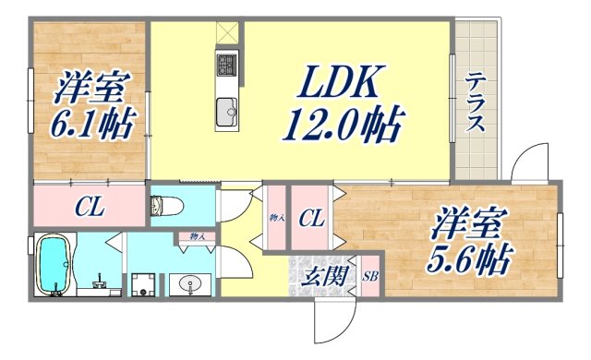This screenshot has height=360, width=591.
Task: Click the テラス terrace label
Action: [475, 102]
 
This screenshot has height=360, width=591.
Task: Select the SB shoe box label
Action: [369, 276]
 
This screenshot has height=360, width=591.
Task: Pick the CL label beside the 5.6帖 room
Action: [311, 220]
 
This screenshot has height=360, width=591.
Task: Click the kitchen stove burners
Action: [227, 66]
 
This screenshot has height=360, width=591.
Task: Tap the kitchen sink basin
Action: [227, 113]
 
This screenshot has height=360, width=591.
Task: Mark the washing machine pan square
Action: [142, 284]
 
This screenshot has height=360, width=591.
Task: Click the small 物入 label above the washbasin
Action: [198, 237]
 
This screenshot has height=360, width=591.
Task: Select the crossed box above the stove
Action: [226, 32]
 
